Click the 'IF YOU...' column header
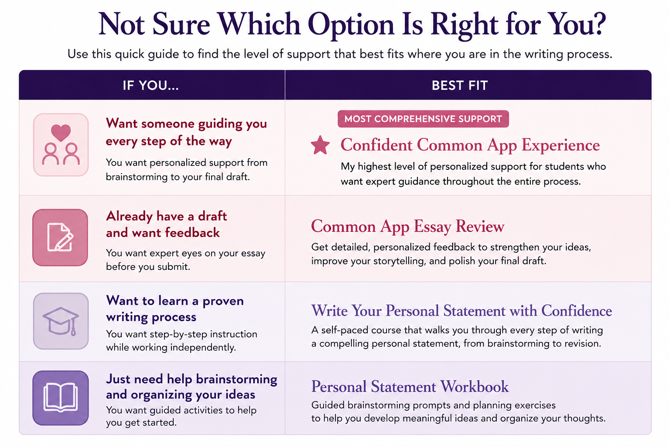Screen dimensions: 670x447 pyautogui.click(x=151, y=86)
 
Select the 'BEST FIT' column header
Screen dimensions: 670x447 pyautogui.click(x=460, y=86)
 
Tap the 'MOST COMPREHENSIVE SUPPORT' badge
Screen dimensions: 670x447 pyautogui.click(x=423, y=119)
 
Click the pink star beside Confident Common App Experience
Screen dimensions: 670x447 pyautogui.click(x=320, y=145)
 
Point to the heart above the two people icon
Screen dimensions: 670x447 pyautogui.click(x=61, y=132)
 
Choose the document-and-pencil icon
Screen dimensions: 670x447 pyautogui.click(x=60, y=237)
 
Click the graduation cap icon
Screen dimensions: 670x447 pyautogui.click(x=61, y=321)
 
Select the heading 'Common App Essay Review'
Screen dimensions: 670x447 pyautogui.click(x=407, y=227)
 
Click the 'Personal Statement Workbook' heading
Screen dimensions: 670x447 pyautogui.click(x=410, y=386)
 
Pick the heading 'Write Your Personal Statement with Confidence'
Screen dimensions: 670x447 pyautogui.click(x=461, y=311)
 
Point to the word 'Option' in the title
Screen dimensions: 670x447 pyautogui.click(x=351, y=26)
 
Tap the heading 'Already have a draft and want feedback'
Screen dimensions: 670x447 pyautogui.click(x=166, y=224)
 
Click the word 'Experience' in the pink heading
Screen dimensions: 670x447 pyautogui.click(x=561, y=146)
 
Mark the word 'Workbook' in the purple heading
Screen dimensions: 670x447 pyautogui.click(x=475, y=386)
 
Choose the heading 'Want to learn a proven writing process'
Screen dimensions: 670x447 pyautogui.click(x=174, y=309)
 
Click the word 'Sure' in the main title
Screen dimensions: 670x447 pyautogui.click(x=181, y=24)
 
